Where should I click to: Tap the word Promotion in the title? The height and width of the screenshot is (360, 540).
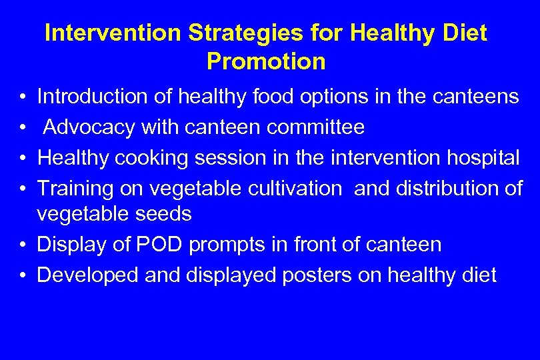[266, 62]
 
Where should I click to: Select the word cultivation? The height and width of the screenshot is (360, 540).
[292, 189]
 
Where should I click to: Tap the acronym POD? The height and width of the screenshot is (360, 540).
[157, 245]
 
